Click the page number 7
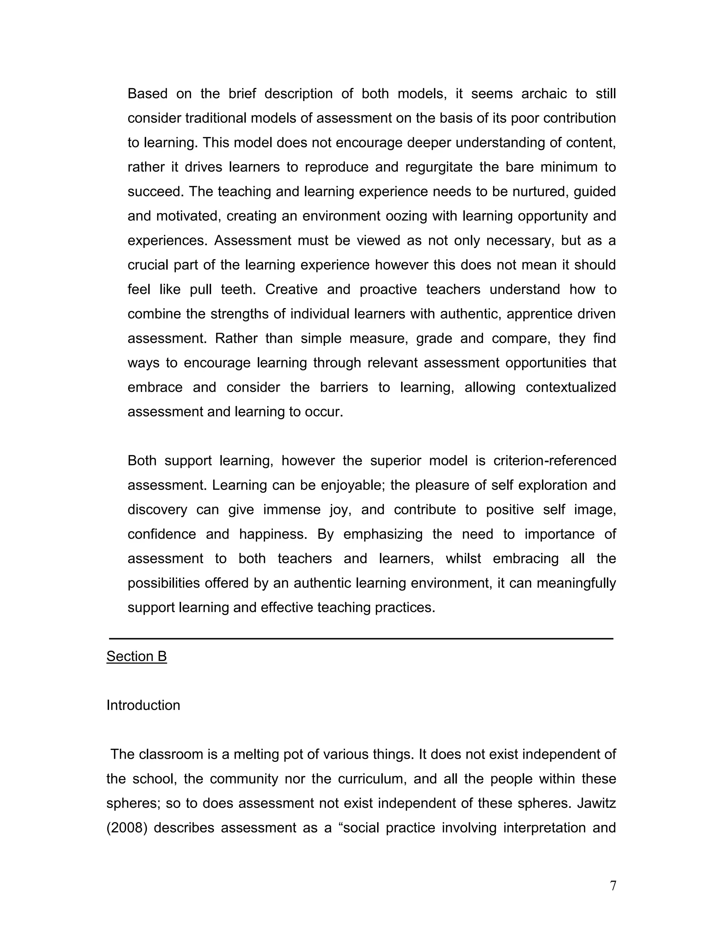pos(613,885)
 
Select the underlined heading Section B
pos(136,656)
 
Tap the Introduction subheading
pos(143,705)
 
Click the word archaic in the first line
pos(544,94)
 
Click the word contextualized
pos(570,387)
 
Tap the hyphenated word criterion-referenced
pos(555,461)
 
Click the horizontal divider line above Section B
pos(361,639)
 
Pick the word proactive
pos(388,289)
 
